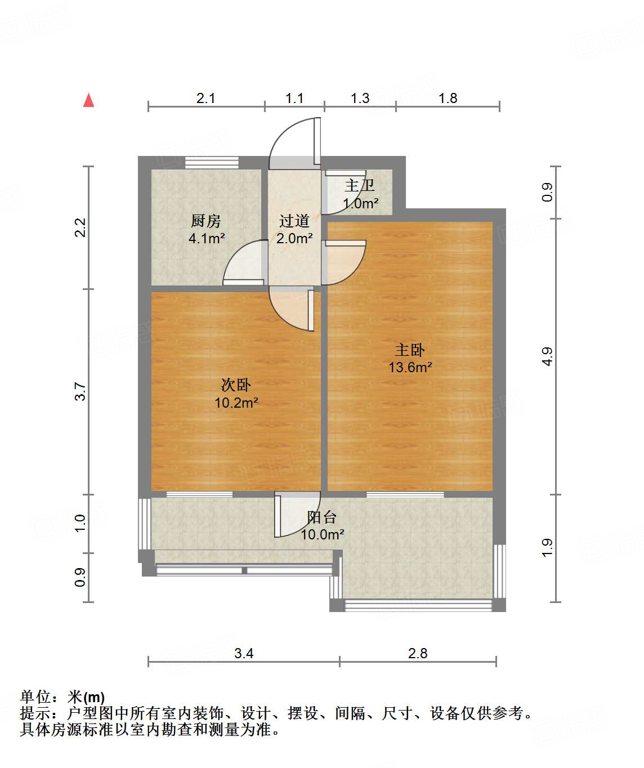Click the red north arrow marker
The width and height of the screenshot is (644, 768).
tap(88, 100)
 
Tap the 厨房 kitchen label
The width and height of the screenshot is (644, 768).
tap(205, 221)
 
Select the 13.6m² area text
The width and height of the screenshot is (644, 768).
tap(410, 368)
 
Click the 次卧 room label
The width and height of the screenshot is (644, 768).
tap(235, 385)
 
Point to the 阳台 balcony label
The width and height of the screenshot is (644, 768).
tap(322, 517)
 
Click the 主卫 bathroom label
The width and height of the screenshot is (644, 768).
tap(360, 185)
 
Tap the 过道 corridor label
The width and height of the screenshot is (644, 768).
tap(294, 221)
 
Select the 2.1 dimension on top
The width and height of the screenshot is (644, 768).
tap(205, 99)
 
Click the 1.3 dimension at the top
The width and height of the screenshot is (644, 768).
tap(360, 99)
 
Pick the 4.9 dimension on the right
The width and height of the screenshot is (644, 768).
tap(547, 356)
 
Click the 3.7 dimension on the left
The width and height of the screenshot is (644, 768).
tap(81, 391)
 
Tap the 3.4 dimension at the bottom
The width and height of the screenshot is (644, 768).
tap(244, 653)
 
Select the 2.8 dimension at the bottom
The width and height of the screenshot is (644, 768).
tap(418, 653)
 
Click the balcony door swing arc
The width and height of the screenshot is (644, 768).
tap(298, 515)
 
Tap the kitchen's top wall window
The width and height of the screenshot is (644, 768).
tap(212, 162)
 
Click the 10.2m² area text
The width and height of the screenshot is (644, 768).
tap(236, 403)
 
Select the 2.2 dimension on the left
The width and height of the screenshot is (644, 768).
tap(81, 227)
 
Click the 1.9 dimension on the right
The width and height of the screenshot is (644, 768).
tap(547, 548)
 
